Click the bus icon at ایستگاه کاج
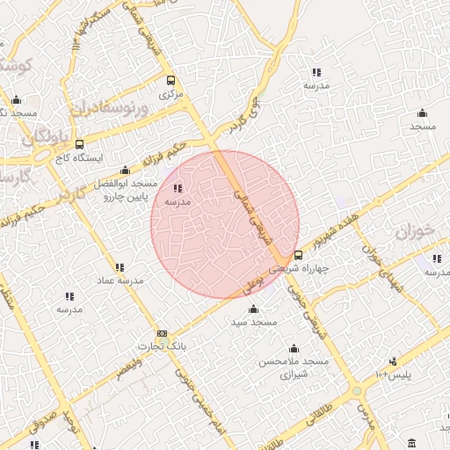[80, 145]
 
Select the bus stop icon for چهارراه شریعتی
[298, 255]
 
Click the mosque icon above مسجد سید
[253, 308]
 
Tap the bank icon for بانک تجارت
[162, 334]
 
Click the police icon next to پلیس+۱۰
[393, 360]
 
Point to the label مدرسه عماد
[120, 280]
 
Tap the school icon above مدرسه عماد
[120, 267]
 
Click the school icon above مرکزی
[171, 78]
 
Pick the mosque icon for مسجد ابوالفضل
[124, 171]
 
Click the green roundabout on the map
[357, 389]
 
